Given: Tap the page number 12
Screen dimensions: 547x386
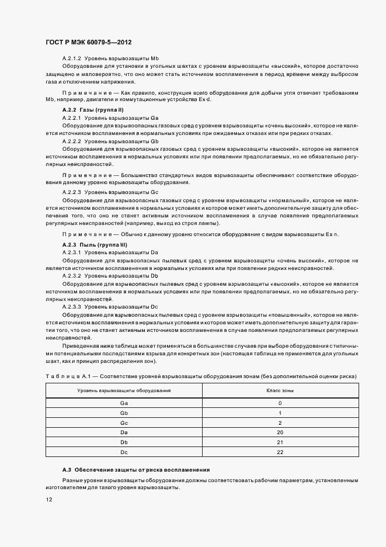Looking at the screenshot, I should coord(48,500).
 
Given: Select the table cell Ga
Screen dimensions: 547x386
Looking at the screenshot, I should coord(124,403).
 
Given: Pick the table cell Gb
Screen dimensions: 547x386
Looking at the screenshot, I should coord(124,413).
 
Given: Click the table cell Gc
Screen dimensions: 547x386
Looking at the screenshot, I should coord(124,423).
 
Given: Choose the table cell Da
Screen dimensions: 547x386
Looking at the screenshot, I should coord(124,432).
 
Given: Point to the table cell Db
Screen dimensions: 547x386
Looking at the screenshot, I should coord(124,442).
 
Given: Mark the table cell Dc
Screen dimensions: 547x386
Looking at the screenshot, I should coord(124,452).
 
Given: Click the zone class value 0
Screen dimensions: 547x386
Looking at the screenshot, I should coord(280,403).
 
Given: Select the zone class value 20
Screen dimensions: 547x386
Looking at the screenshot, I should coord(280,432).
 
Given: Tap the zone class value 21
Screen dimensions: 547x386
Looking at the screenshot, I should coord(280,442).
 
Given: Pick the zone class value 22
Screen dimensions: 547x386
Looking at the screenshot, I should coord(280,452).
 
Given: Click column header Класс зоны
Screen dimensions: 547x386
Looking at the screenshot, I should coord(280,390).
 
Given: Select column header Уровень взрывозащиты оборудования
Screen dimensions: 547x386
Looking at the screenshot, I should coord(124,390).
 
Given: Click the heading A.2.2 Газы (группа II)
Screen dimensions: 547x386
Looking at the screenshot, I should coord(92,110).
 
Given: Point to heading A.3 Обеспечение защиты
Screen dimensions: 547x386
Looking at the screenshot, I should coord(136,470).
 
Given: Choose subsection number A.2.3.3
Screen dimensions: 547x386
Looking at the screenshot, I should coord(71,306).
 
